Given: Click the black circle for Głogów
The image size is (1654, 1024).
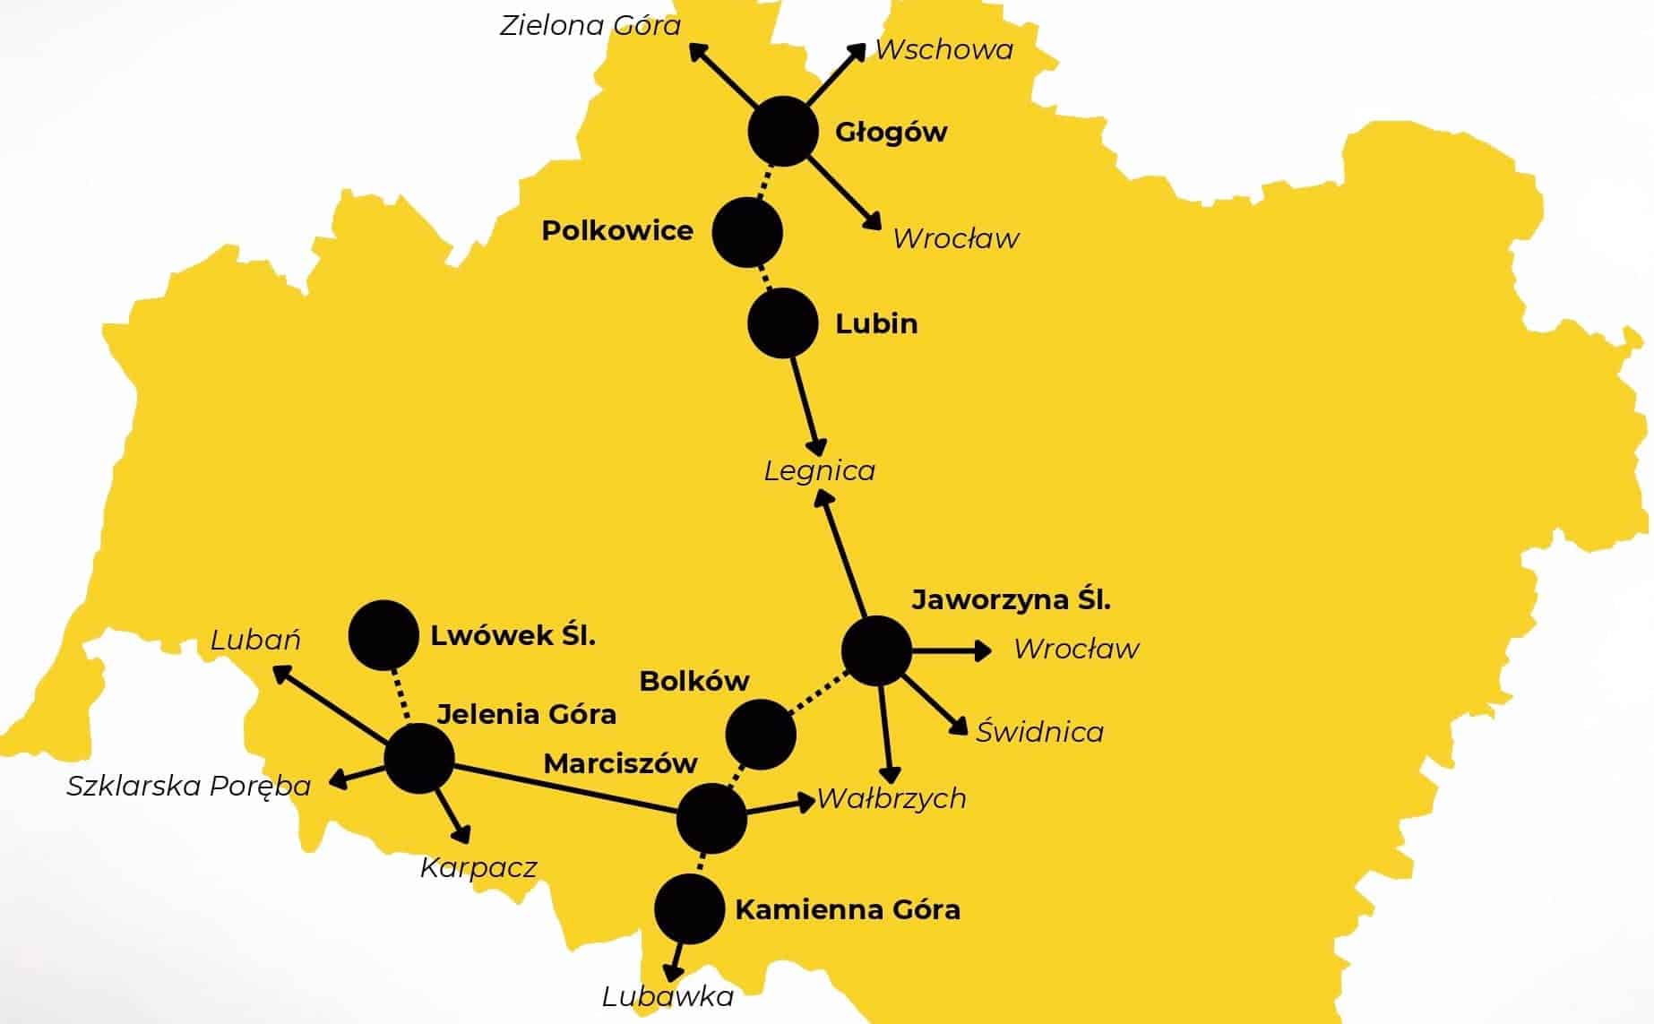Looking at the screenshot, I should [x=783, y=132].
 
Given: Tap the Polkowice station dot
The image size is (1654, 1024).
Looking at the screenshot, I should [x=747, y=232].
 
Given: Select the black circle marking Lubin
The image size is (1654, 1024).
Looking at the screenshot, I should [x=783, y=323].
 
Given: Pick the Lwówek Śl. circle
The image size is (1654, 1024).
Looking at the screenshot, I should [x=383, y=635].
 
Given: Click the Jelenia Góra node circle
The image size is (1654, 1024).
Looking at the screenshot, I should [x=419, y=758].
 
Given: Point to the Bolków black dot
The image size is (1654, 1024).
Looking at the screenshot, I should [x=761, y=735].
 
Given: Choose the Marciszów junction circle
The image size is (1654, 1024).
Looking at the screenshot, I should [x=711, y=818].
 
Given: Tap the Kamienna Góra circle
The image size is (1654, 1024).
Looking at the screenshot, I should [x=689, y=909].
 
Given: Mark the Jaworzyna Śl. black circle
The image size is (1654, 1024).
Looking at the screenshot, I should [x=877, y=651].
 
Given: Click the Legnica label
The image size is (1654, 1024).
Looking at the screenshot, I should [x=819, y=471].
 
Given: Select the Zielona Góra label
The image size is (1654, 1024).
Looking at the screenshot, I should [x=590, y=26].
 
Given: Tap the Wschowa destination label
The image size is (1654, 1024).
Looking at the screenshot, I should [x=943, y=50].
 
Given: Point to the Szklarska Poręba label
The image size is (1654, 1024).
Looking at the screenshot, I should [x=189, y=787].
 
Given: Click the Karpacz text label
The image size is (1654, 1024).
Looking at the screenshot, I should [x=478, y=868].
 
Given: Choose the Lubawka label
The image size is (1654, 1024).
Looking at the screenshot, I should [x=668, y=996].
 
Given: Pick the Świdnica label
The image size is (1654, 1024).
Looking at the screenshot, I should [x=1039, y=732].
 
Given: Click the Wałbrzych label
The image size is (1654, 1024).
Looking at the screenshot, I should [x=892, y=798].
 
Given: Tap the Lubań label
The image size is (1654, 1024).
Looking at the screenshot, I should [x=255, y=640].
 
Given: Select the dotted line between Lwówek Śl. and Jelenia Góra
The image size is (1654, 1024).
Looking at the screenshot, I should [x=401, y=696].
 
